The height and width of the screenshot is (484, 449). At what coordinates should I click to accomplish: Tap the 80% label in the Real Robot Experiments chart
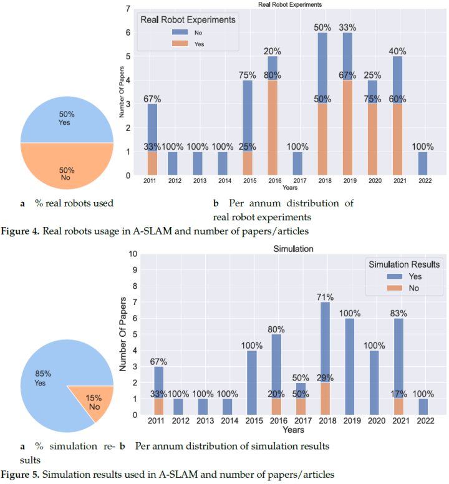272,75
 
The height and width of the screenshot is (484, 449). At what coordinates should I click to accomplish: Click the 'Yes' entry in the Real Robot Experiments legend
199,44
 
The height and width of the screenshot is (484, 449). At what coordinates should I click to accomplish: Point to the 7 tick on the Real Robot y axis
128,10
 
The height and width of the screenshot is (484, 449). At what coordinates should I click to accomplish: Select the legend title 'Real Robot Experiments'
188,19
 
